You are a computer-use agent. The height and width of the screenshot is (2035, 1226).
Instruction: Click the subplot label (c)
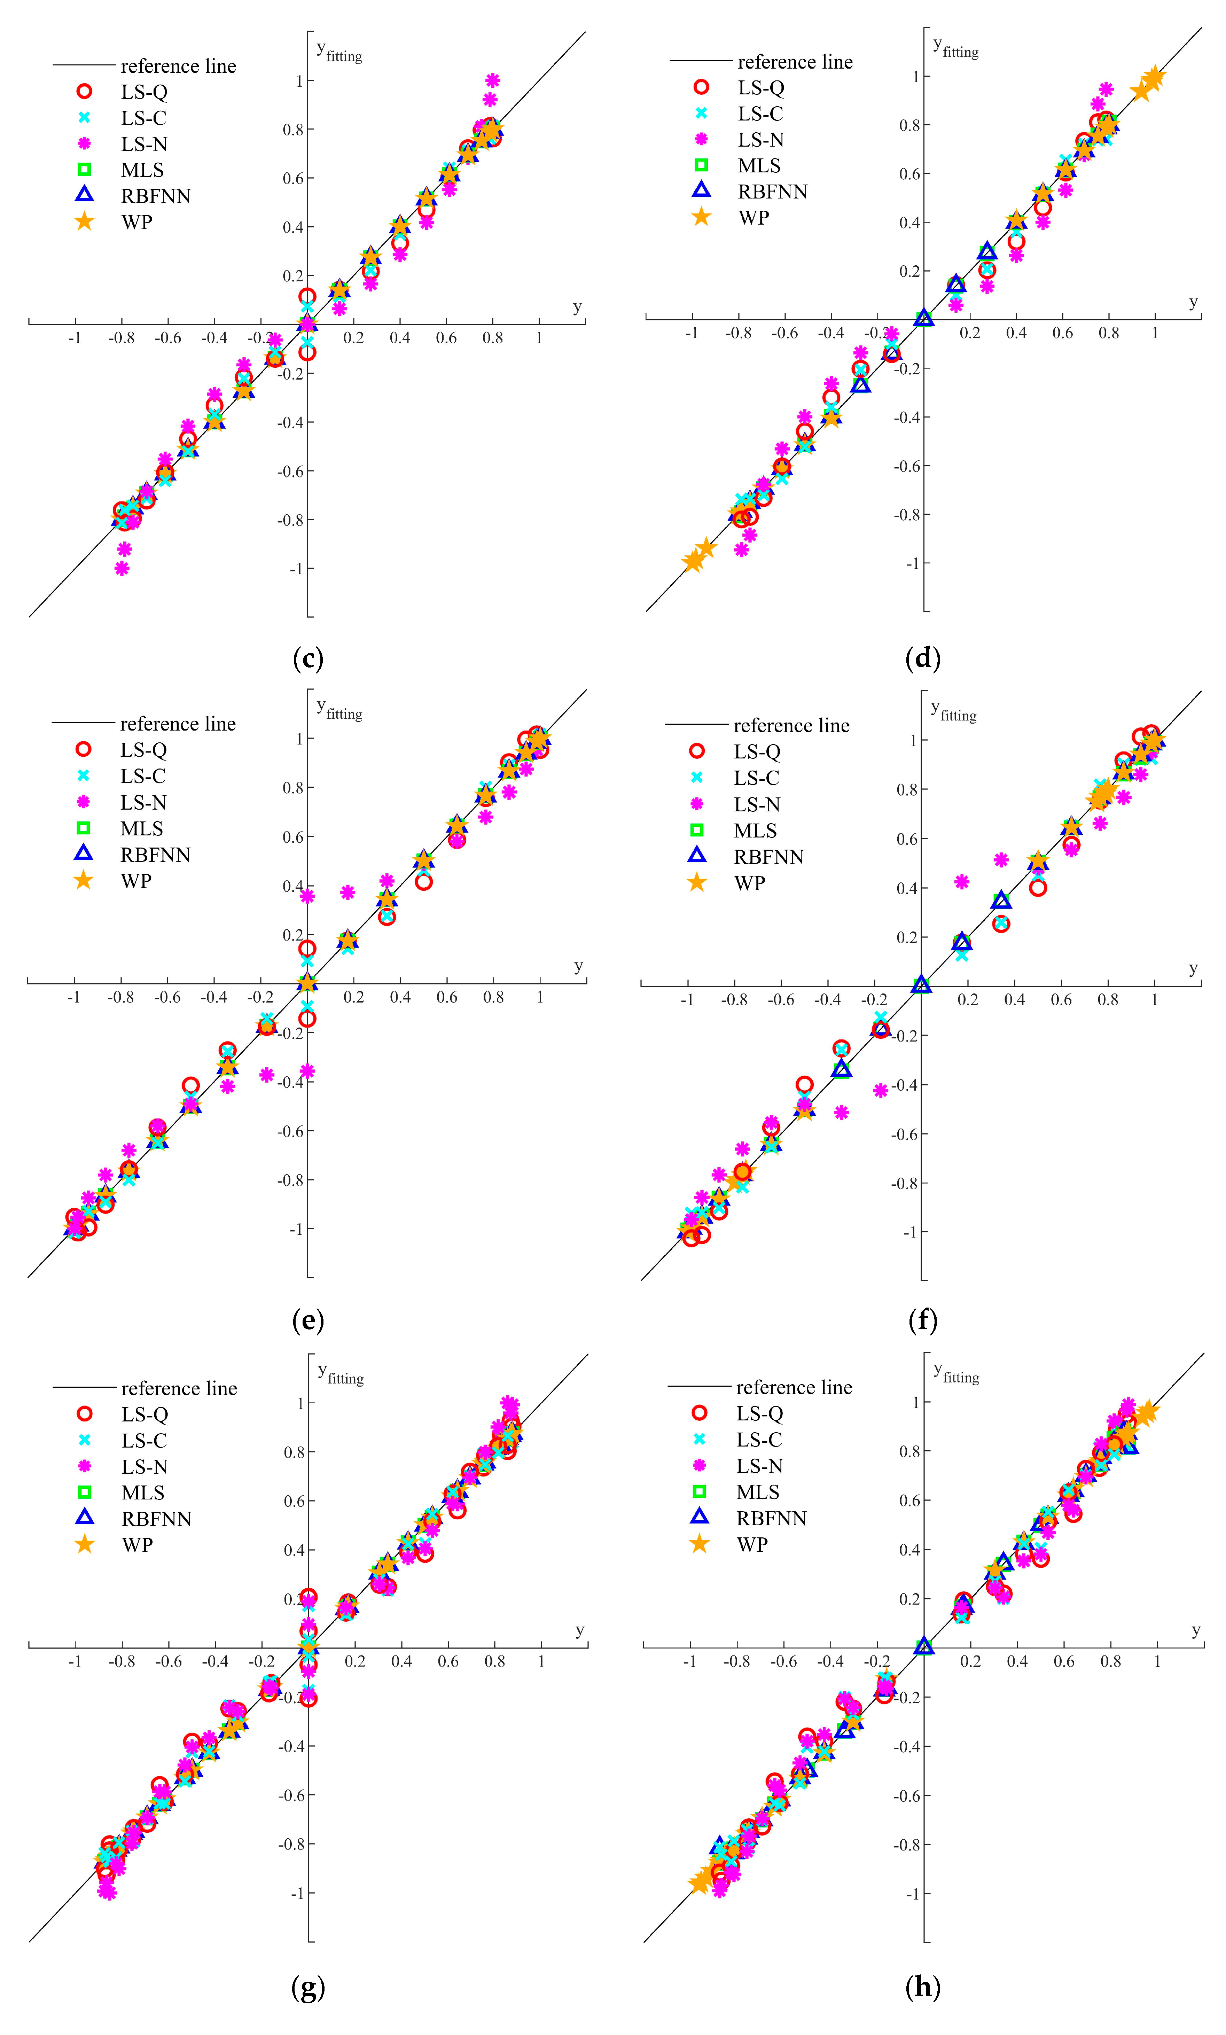(x=308, y=658)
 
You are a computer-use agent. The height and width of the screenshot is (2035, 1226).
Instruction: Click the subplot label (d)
(x=922, y=658)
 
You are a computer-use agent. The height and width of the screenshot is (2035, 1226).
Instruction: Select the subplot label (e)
(x=308, y=1320)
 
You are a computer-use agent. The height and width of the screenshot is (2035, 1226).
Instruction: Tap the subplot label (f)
(x=922, y=1320)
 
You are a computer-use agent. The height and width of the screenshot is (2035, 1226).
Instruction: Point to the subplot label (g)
(x=308, y=1986)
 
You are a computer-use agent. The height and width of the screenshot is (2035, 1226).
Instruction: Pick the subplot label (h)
(x=922, y=1986)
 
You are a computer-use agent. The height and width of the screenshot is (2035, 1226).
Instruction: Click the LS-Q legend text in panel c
(x=144, y=92)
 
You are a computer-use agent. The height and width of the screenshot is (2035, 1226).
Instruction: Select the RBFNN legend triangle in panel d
(x=701, y=190)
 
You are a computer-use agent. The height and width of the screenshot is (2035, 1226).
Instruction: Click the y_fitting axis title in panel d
(x=955, y=47)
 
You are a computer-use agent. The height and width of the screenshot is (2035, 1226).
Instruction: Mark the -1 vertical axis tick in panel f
(x=909, y=1232)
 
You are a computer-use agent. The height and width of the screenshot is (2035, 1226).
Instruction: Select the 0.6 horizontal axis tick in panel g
(x=448, y=1661)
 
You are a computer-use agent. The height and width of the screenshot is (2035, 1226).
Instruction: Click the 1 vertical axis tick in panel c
(x=299, y=80)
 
